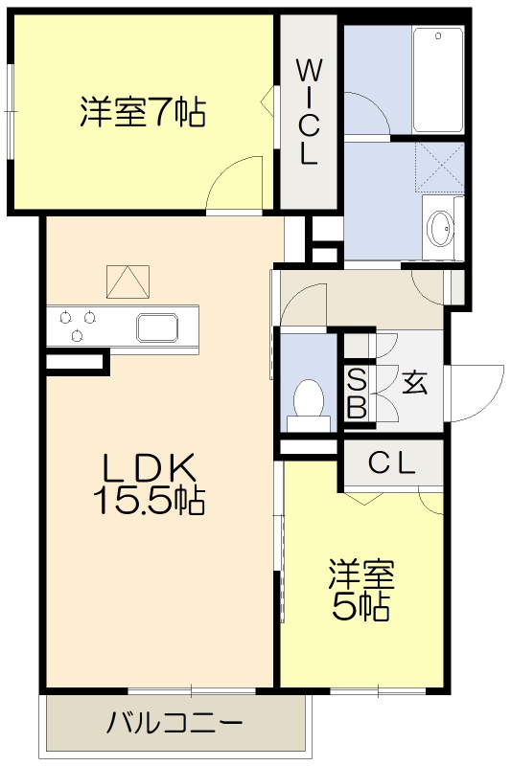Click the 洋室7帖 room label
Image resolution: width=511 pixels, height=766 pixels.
141,113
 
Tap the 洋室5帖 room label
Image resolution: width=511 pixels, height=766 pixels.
360,589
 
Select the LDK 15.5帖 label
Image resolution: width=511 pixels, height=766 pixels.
151,484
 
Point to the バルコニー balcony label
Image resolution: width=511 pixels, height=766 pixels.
174,723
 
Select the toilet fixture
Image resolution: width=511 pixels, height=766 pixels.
309,399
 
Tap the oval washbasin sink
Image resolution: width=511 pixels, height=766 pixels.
441,228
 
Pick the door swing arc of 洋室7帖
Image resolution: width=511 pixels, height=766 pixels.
238,182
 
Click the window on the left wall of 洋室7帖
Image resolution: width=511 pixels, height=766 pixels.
11,112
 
